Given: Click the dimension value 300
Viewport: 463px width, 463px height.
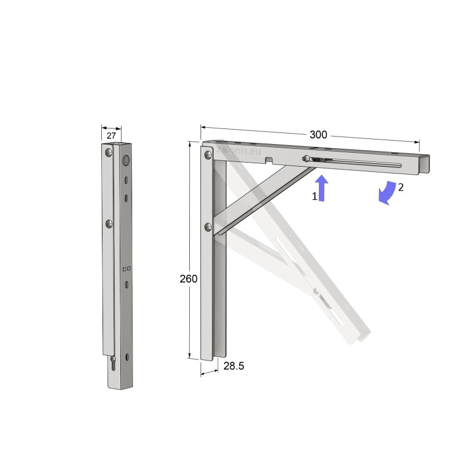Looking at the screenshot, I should pyautogui.click(x=318, y=134).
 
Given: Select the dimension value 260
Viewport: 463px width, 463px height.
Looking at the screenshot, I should pyautogui.click(x=188, y=278).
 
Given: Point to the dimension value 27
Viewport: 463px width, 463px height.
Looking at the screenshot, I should pyautogui.click(x=111, y=135).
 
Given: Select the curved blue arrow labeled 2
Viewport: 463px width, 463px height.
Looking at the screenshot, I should pyautogui.click(x=387, y=193).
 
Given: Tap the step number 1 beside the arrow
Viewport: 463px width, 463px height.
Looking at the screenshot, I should pyautogui.click(x=315, y=196).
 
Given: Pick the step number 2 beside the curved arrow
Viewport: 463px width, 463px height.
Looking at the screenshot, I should pyautogui.click(x=400, y=187).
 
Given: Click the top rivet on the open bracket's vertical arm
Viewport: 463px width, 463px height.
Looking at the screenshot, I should pyautogui.click(x=207, y=155).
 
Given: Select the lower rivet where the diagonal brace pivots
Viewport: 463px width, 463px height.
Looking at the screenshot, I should pyautogui.click(x=207, y=227).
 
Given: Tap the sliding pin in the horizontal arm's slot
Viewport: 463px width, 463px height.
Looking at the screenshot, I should pyautogui.click(x=305, y=159).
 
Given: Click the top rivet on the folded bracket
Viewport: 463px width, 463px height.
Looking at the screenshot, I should pyautogui.click(x=108, y=153).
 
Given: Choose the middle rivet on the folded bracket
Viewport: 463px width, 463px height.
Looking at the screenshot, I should pyautogui.click(x=108, y=223).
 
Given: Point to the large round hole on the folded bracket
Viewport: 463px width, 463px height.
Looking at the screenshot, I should pyautogui.click(x=126, y=160).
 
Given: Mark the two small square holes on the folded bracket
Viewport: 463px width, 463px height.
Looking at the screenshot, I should pyautogui.click(x=126, y=268).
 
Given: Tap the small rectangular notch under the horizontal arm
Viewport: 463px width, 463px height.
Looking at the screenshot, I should pyautogui.click(x=269, y=160).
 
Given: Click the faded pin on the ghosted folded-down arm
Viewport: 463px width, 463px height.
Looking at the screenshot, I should pyautogui.click(x=316, y=290).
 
